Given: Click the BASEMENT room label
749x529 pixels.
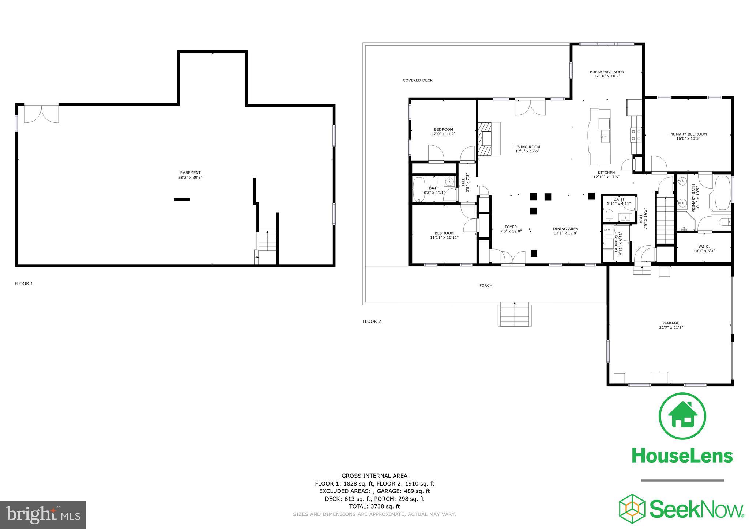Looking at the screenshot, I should [190, 172].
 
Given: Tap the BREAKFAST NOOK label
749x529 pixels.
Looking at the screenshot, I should [607, 72].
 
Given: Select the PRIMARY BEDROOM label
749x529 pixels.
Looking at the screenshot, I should [688, 134].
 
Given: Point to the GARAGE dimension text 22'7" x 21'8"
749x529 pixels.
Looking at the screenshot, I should [671, 328].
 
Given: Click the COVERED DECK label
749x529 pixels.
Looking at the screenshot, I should [417, 80].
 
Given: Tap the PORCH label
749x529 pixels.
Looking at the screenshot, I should [486, 285].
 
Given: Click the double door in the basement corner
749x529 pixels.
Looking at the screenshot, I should [41, 114].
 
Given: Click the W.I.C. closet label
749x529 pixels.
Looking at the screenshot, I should [704, 247].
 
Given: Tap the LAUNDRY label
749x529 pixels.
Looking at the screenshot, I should [616, 241].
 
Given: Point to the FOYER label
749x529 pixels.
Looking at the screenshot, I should [511, 227].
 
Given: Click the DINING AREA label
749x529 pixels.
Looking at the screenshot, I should [565, 229].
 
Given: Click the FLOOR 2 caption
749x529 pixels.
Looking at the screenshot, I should [372, 321].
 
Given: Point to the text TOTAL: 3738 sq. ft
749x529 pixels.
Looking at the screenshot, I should [374, 506].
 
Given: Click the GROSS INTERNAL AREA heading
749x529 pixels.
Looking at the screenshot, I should [374, 476].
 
